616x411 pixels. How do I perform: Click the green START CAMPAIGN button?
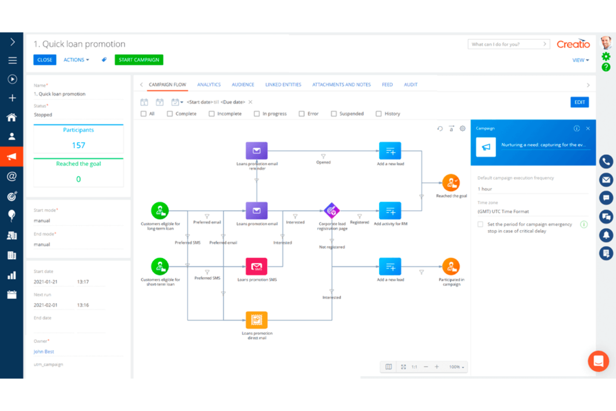[139, 60]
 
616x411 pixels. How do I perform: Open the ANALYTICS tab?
[209, 85]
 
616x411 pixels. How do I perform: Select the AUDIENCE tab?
[243, 85]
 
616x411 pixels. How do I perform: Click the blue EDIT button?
[579, 102]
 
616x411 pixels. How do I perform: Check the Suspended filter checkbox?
[334, 114]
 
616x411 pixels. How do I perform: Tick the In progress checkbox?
[257, 114]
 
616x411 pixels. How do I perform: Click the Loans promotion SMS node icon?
[256, 267]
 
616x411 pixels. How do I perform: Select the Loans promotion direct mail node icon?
[256, 320]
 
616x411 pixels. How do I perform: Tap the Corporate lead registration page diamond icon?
[332, 211]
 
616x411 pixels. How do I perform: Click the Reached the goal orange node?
[451, 182]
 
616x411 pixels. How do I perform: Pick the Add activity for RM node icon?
[390, 211]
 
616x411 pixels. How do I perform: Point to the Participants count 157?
[78, 145]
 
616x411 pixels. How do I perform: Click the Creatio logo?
[573, 44]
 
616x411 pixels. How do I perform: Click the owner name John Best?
[44, 352]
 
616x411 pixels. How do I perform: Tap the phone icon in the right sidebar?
[606, 162]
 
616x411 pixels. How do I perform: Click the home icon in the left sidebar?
[12, 117]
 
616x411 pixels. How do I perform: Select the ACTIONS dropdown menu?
[76, 60]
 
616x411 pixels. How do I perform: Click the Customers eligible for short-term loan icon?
[160, 267]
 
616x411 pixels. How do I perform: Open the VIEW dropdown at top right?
[580, 60]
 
